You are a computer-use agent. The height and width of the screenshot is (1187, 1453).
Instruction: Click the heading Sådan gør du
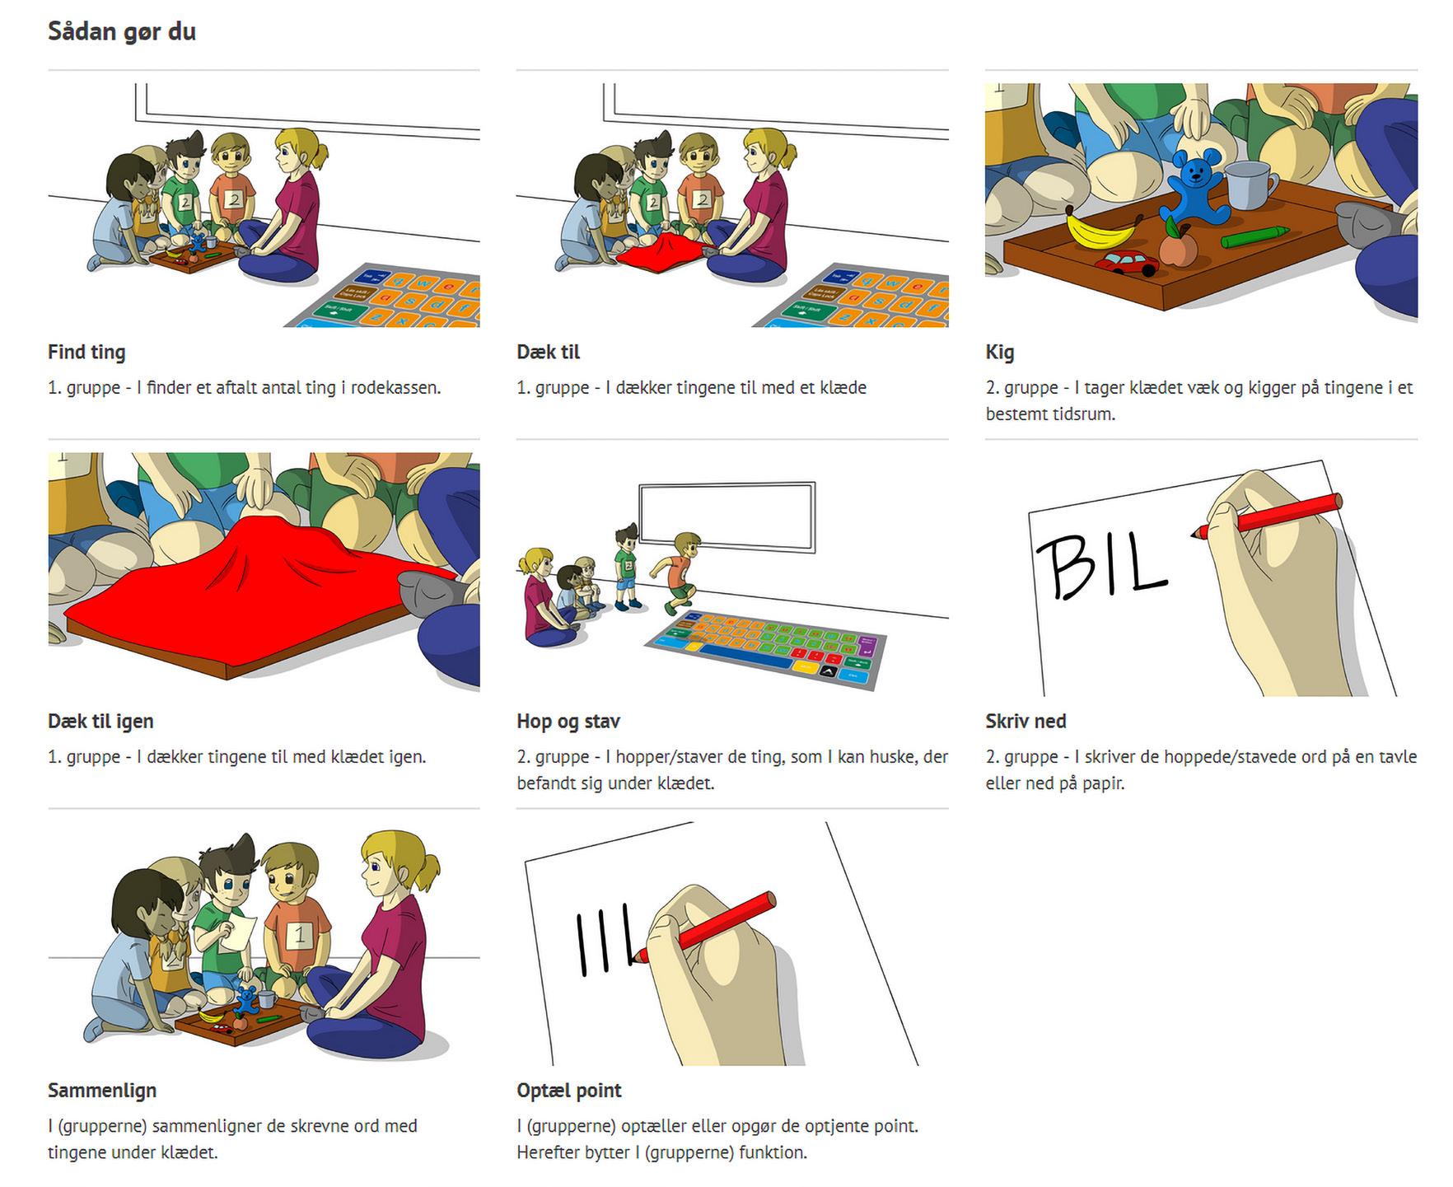point(122,33)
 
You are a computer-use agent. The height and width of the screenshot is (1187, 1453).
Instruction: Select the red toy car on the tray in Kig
point(1126,264)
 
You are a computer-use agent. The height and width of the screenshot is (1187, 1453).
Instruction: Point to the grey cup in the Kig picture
point(1248,185)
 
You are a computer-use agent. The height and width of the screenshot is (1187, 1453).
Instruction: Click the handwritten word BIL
point(1101,566)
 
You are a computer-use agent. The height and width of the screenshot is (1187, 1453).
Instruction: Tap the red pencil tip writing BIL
point(1194,535)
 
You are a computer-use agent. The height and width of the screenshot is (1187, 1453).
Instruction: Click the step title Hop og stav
point(568,722)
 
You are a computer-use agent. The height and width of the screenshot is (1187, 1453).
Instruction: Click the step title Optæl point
point(569,1091)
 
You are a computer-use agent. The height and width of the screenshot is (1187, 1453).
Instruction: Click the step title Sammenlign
point(102,1091)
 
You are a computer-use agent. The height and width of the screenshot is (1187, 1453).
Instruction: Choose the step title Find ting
point(86,353)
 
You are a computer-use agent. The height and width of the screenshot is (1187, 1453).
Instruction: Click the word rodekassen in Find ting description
point(396,388)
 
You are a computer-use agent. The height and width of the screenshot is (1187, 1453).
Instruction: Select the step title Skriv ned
point(1026,722)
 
